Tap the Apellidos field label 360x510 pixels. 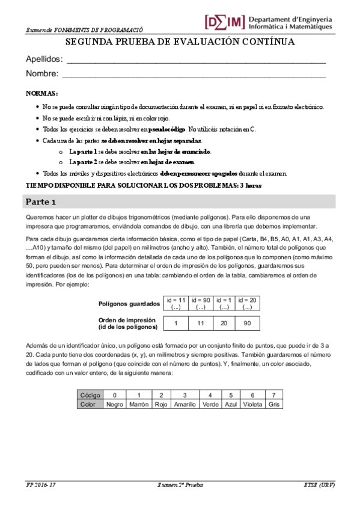pos(44,60)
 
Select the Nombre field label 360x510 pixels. pos(42,74)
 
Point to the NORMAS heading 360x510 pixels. pos(42,94)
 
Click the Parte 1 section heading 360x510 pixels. pos(41,201)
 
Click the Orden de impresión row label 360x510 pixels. pos(127,323)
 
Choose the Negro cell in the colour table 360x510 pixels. pos(114,405)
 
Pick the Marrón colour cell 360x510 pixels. pos(139,405)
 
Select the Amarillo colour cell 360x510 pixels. pos(185,405)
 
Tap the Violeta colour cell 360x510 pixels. pos(252,405)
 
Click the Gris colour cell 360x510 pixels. pos(275,405)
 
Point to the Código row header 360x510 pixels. pos(91,395)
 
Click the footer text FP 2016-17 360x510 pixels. pos(41,485)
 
